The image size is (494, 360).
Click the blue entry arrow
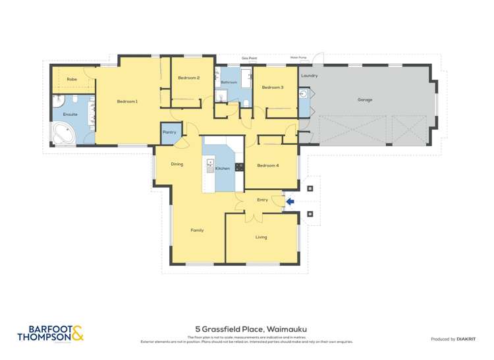290,201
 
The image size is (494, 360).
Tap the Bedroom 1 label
127,101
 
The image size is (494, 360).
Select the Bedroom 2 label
188,78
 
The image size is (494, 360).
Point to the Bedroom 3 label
272,88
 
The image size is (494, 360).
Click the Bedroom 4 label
267,165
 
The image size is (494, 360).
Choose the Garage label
365,100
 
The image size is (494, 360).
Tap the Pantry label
169,132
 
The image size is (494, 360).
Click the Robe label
72,79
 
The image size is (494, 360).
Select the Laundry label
309,76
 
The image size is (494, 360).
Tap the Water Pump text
298,57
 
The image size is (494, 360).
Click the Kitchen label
223,168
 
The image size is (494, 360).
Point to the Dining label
177,164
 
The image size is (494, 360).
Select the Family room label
197,230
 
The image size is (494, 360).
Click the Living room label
261,237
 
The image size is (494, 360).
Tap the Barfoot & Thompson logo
51,334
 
